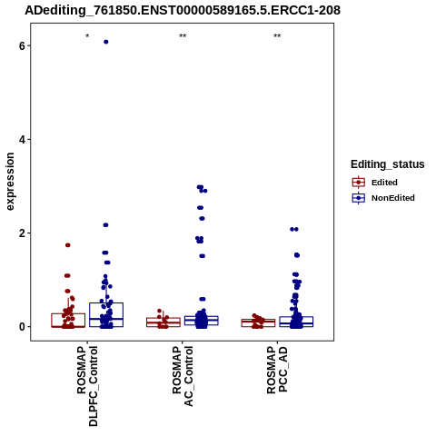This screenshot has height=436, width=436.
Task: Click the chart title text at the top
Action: tap(183, 10)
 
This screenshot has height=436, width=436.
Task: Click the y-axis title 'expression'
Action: tap(10, 182)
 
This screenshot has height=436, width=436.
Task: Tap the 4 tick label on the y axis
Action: tap(22, 140)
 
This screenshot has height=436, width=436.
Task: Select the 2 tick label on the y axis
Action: tap(22, 233)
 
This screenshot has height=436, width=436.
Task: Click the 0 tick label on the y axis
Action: tap(22, 327)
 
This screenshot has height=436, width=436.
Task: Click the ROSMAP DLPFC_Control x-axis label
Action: tap(87, 386)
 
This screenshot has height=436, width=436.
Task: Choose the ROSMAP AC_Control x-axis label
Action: tap(183, 376)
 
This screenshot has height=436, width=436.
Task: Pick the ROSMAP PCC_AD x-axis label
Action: tap(277, 370)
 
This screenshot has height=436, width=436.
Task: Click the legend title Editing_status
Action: tap(388, 164)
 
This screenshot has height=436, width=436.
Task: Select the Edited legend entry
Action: tap(374, 183)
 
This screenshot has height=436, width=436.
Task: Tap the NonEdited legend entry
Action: tap(383, 198)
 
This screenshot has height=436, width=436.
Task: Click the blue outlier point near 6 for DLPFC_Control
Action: tap(106, 42)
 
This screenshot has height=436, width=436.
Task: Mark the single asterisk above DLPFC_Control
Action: tap(87, 36)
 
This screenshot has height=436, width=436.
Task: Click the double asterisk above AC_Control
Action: tap(183, 36)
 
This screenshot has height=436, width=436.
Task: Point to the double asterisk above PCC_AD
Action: tap(277, 36)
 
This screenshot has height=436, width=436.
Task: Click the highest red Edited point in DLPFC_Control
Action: tap(68, 245)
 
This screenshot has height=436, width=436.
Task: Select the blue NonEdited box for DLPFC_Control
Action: tap(106, 314)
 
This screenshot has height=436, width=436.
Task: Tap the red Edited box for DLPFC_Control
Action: tap(68, 321)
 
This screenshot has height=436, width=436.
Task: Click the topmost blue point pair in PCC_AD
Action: tap(294, 229)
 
